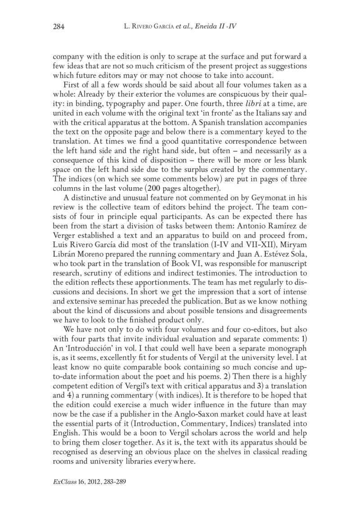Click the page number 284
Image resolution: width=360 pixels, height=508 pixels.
(59, 27)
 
